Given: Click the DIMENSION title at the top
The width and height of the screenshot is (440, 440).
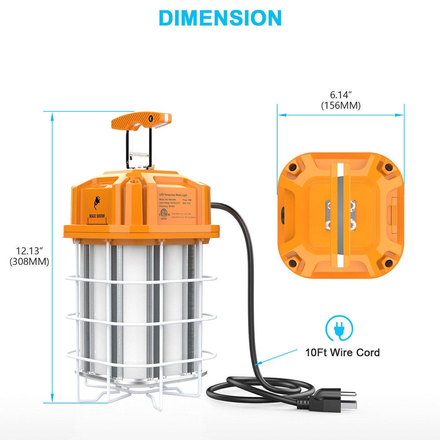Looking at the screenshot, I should point(220,18).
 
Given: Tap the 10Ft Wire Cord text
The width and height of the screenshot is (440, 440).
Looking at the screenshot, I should point(343,352).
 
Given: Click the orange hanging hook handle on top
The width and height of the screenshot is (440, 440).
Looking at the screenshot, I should point(142,120).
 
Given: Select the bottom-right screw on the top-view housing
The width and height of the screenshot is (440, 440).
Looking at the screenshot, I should point(388,263).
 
